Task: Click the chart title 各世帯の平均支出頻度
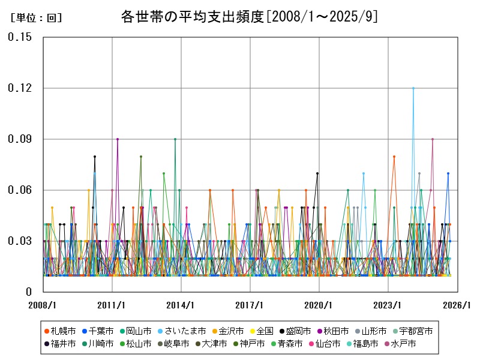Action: pos(248,16)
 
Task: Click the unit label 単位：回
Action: pos(36,18)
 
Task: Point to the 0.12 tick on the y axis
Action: pos(20,88)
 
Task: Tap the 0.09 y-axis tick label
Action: pos(20,139)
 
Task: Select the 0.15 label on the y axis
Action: pos(20,37)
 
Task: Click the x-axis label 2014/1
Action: pos(181,305)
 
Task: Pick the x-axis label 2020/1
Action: pos(319,305)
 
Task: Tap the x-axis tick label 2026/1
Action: pos(457,305)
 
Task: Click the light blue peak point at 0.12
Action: pos(413,88)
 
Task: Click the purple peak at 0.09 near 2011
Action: pos(118,139)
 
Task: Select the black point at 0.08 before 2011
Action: pos(94,157)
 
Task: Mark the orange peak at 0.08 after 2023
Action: pos(394,157)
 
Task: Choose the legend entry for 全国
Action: pos(261,331)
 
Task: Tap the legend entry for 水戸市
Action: pos(402,344)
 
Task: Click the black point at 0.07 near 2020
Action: pos(317,173)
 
